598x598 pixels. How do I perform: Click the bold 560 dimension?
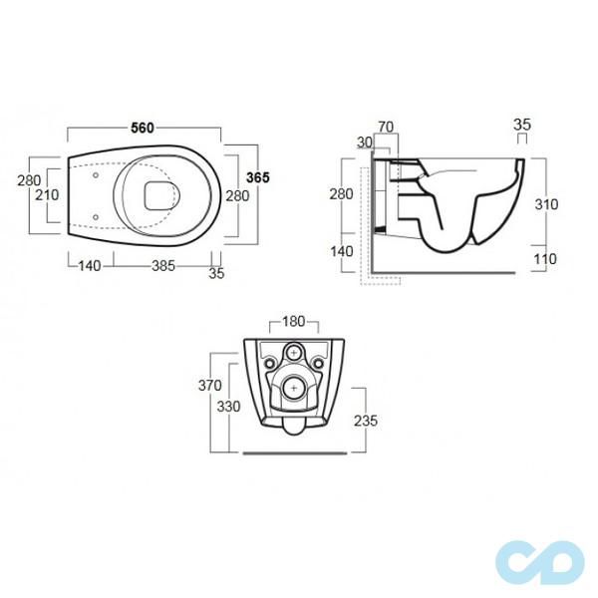tap(143, 128)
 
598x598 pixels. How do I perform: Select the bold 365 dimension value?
tap(258, 177)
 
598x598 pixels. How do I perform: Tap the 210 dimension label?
tap(47, 195)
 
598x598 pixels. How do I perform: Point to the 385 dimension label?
tap(163, 266)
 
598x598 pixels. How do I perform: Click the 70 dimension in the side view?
tap(386, 127)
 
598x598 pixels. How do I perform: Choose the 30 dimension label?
tap(365, 143)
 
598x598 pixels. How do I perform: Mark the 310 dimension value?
tap(546, 204)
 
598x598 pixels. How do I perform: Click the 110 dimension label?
tap(545, 259)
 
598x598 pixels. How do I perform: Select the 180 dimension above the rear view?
tap(294, 322)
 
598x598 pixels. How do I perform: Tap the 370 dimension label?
tap(209, 385)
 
